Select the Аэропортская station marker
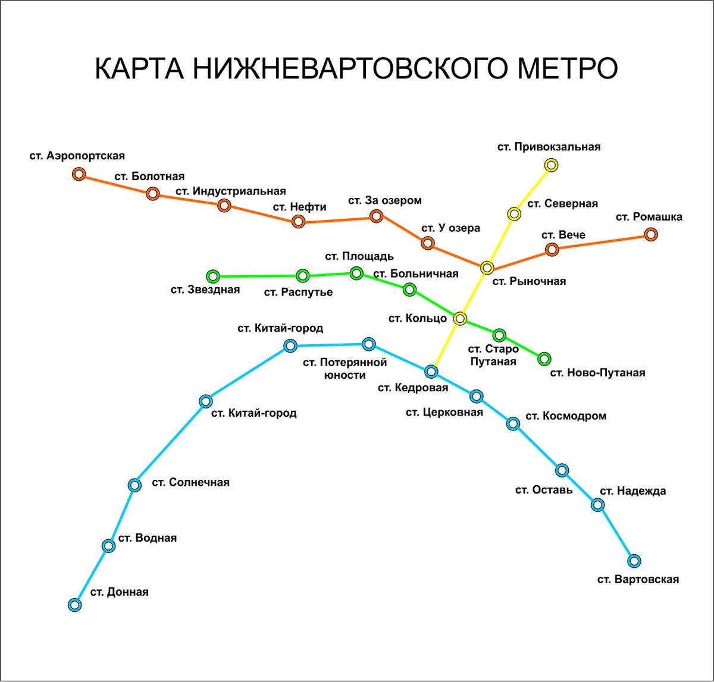79,174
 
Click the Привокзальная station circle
551,165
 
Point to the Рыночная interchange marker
487,268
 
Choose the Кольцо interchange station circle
460,319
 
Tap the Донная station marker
75,605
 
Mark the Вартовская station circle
634,560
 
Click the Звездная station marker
212,276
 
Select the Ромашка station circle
651,234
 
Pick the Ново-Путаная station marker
544,359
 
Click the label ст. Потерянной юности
345,369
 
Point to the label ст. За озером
385,200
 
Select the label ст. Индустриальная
231,191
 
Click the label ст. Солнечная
190,482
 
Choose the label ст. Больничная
416,274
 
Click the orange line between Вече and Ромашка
601,242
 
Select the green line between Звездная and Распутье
258,276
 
